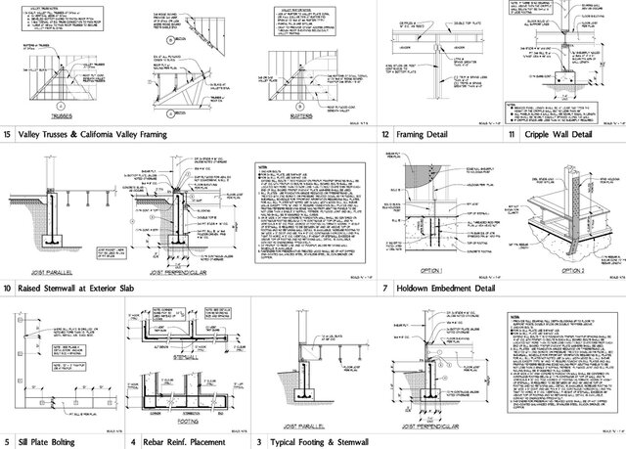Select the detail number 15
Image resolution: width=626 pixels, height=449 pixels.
click(9, 134)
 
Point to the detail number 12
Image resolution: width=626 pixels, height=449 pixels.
click(386, 134)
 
